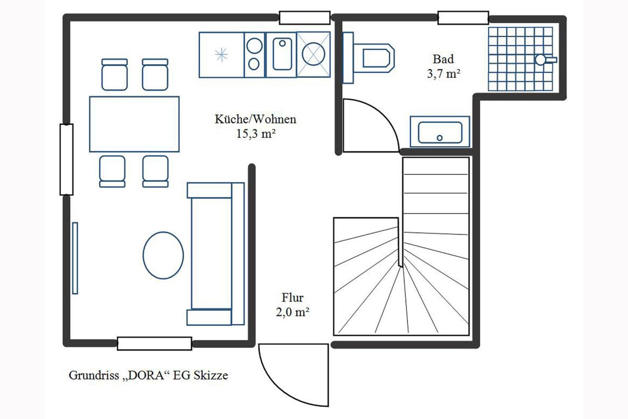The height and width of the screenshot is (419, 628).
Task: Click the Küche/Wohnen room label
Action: coord(255,119)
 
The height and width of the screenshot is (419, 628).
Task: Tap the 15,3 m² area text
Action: coord(256,134)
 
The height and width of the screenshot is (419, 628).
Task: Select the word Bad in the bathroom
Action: coord(443,59)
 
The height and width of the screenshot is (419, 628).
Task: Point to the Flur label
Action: coord(292,298)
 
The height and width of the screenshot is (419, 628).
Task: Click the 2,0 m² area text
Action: coord(293,312)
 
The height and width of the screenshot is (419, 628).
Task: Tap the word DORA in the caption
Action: coord(146,375)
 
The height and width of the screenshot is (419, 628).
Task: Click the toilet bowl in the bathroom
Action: coord(376,58)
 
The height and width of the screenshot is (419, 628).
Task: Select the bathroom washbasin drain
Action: coord(440,138)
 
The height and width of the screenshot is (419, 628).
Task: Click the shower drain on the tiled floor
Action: coord(540,60)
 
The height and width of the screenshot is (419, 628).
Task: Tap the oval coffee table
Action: coord(163,255)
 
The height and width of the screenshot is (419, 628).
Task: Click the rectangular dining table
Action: coord(134,124)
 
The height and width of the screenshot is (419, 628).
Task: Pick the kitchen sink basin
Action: coord(282,54)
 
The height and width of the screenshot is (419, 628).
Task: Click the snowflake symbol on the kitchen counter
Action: coord(221,55)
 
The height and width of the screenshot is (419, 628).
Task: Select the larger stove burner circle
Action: coord(254,46)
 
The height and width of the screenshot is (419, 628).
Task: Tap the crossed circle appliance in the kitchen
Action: coord(313,54)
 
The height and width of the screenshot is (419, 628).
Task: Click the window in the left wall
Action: coord(67,159)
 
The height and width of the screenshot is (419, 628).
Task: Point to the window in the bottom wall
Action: coord(154,343)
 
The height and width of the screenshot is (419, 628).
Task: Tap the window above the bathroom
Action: coord(463,18)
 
